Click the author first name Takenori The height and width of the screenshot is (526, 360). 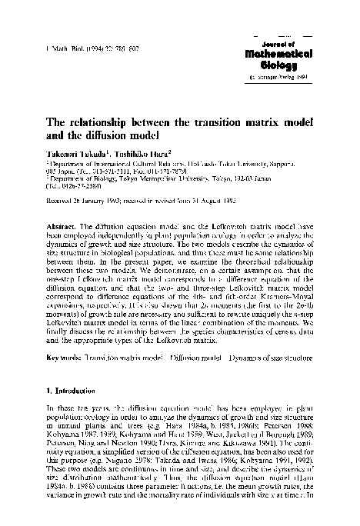[66, 155]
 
